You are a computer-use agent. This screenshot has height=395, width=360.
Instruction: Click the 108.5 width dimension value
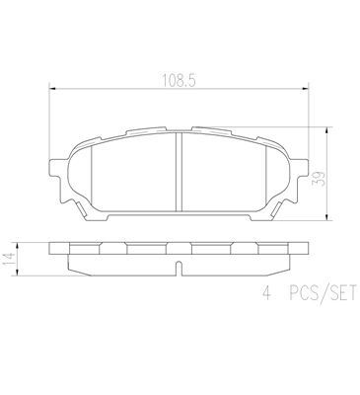pos(179,81)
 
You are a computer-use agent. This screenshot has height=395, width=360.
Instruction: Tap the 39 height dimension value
pos(320,178)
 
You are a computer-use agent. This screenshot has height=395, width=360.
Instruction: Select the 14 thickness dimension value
pos(10,260)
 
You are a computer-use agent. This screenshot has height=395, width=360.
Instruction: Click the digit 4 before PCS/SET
pos(267,293)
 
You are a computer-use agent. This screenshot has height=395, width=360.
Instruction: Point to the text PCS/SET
pos(323,293)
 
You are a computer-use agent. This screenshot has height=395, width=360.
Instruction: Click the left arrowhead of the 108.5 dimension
pos(52,88)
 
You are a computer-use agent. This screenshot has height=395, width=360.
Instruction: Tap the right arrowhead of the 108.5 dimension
pos(306,88)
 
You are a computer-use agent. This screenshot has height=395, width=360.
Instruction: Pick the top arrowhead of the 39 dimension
pos(326,130)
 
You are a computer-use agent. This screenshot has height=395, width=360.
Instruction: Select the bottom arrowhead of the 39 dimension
pos(326,217)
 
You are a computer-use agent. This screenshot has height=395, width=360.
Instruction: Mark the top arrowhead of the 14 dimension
pos(17,246)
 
